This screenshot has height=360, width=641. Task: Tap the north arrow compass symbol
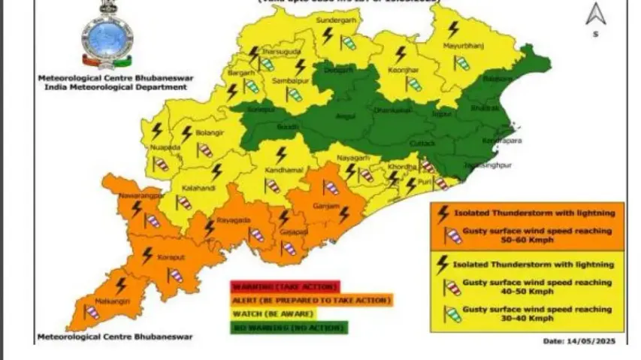point(596,17)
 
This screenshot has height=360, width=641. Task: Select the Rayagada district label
point(230,220)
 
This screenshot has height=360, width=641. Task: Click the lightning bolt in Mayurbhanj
point(452,31)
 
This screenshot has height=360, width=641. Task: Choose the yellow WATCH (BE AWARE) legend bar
point(286,313)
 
